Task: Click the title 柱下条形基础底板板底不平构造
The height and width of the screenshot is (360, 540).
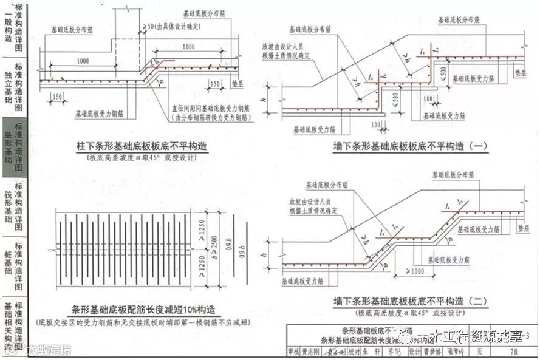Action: pyautogui.click(x=142, y=147)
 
